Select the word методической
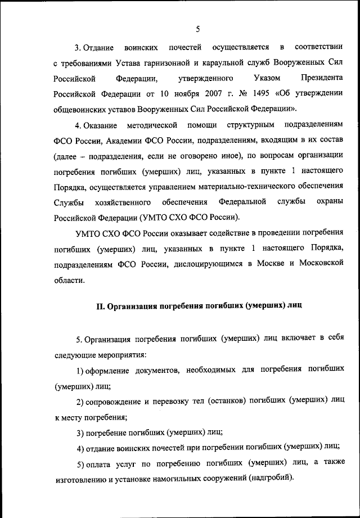point(152,123)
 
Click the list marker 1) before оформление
point(80,371)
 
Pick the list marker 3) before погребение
point(80,433)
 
